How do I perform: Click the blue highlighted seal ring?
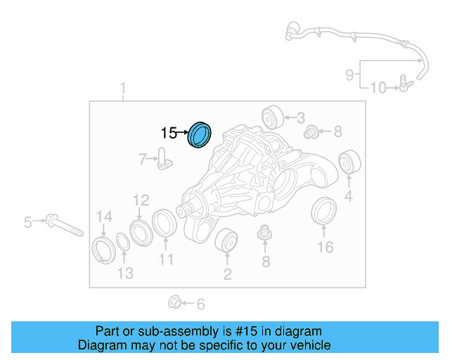(200, 135)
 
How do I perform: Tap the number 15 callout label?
(169, 132)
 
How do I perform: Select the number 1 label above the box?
(123, 89)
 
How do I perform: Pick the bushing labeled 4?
(347, 163)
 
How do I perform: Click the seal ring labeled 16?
(323, 212)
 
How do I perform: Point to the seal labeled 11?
(165, 224)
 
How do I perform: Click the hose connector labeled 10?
(403, 86)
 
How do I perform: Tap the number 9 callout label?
(349, 74)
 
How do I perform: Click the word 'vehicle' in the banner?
(307, 345)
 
